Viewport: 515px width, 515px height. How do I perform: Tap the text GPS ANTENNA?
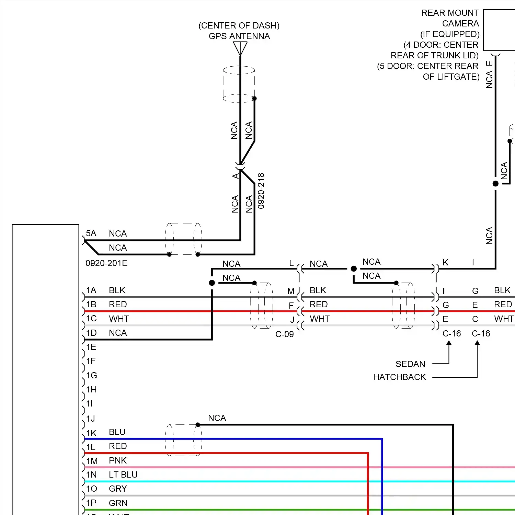pos(239,36)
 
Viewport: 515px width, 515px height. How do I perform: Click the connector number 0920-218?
pos(261,191)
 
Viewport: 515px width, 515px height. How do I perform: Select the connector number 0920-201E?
pos(106,263)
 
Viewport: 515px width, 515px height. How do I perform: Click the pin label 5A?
pos(91,233)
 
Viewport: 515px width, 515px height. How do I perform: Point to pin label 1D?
pos(91,333)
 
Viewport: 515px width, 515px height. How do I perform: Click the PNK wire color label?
pos(118,460)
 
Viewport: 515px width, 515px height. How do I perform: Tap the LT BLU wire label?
pos(123,474)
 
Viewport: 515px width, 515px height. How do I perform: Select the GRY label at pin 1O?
pos(118,489)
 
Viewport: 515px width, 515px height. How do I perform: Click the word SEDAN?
pos(410,364)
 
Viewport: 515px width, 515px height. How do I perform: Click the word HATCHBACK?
pos(400,377)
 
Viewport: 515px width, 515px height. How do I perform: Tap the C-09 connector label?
pos(285,334)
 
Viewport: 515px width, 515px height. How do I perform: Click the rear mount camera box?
pos(499,30)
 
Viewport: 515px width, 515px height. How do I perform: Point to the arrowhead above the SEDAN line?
pos(449,343)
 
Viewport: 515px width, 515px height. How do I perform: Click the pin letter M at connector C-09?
pos(291,291)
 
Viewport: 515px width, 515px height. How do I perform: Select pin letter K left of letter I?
pos(445,263)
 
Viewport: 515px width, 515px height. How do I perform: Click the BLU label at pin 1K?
pos(117,432)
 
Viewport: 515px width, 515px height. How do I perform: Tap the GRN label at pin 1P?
pos(118,503)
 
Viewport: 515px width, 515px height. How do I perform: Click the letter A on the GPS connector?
pos(236,176)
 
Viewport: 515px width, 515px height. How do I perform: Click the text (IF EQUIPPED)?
pos(450,34)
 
